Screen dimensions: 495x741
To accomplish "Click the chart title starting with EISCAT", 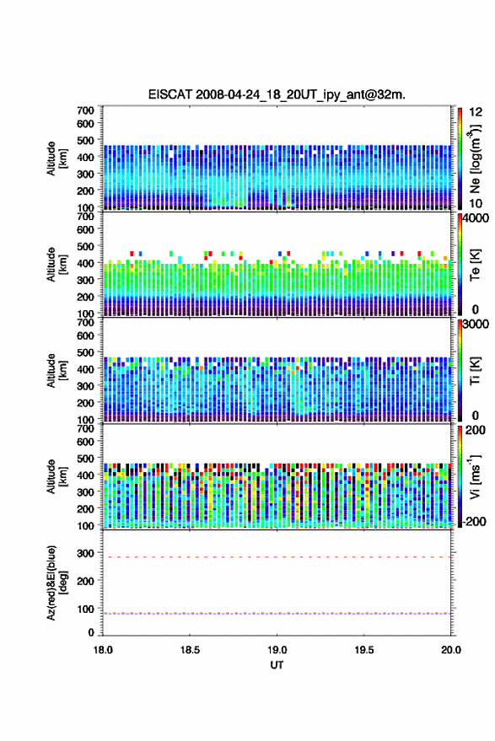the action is [277, 94].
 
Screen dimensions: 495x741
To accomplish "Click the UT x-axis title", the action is [277, 665].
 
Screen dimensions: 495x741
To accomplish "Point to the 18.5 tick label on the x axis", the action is [190, 650].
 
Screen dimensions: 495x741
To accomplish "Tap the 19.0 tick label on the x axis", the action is [277, 650].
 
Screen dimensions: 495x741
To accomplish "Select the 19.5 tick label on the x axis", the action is [364, 650].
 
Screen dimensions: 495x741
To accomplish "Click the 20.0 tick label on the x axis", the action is [451, 650].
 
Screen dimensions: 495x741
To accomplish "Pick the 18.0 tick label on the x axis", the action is [103, 650].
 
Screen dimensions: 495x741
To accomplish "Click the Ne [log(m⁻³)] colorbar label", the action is [475, 158].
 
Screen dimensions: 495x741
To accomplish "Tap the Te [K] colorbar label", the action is [475, 265].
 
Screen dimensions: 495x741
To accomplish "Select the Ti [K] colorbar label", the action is [475, 371].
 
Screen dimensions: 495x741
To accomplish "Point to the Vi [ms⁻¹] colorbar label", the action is [475, 476].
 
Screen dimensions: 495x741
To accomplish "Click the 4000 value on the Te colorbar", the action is [476, 218].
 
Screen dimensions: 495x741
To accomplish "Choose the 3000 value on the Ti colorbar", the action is [476, 325].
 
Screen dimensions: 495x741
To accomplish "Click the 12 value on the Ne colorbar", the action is [476, 112].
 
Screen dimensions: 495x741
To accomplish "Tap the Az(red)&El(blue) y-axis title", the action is [56, 583].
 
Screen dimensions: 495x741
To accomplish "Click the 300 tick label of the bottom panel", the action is [85, 553].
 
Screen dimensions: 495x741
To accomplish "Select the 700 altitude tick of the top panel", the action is [85, 110].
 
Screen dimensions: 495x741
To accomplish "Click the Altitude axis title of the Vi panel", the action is [56, 476].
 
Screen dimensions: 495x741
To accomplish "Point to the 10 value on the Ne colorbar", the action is [476, 203].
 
